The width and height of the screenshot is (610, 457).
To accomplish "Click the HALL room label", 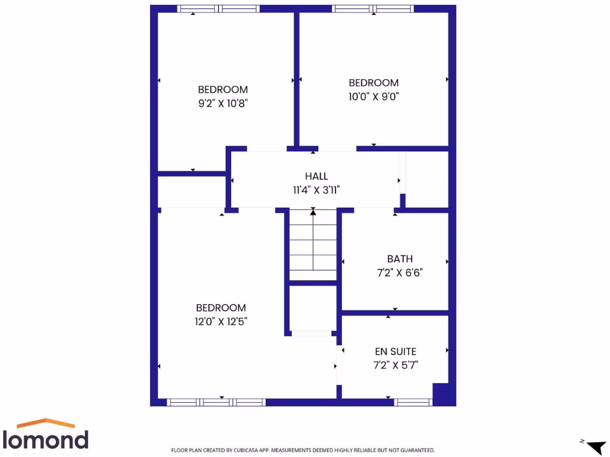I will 316,176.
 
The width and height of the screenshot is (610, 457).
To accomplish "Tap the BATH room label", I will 400,259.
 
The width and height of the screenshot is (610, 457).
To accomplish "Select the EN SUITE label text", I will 396,352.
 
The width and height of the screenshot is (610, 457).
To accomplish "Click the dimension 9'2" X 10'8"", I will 223,103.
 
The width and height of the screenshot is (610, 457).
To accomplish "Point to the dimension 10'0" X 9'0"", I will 374,96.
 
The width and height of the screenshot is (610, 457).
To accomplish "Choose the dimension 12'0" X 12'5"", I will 221,321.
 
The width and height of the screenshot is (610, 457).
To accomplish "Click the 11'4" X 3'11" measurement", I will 316,190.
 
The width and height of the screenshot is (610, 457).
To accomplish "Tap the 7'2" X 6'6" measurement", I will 400,273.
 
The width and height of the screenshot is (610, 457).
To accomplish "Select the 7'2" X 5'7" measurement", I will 396,365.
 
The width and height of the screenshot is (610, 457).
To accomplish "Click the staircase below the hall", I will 313,247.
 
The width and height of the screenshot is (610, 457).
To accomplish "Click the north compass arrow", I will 595,447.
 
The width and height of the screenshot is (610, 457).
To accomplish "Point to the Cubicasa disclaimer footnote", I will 303,450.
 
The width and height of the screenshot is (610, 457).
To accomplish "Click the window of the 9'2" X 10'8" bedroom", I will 219,9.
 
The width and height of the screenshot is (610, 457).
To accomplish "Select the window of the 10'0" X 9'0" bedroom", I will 373,9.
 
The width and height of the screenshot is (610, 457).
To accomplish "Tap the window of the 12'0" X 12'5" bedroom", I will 216,402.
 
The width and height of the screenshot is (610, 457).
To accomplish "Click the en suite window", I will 413,402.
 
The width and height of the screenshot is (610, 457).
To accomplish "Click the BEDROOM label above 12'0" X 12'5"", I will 221,308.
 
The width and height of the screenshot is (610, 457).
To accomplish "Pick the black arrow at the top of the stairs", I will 313,212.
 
